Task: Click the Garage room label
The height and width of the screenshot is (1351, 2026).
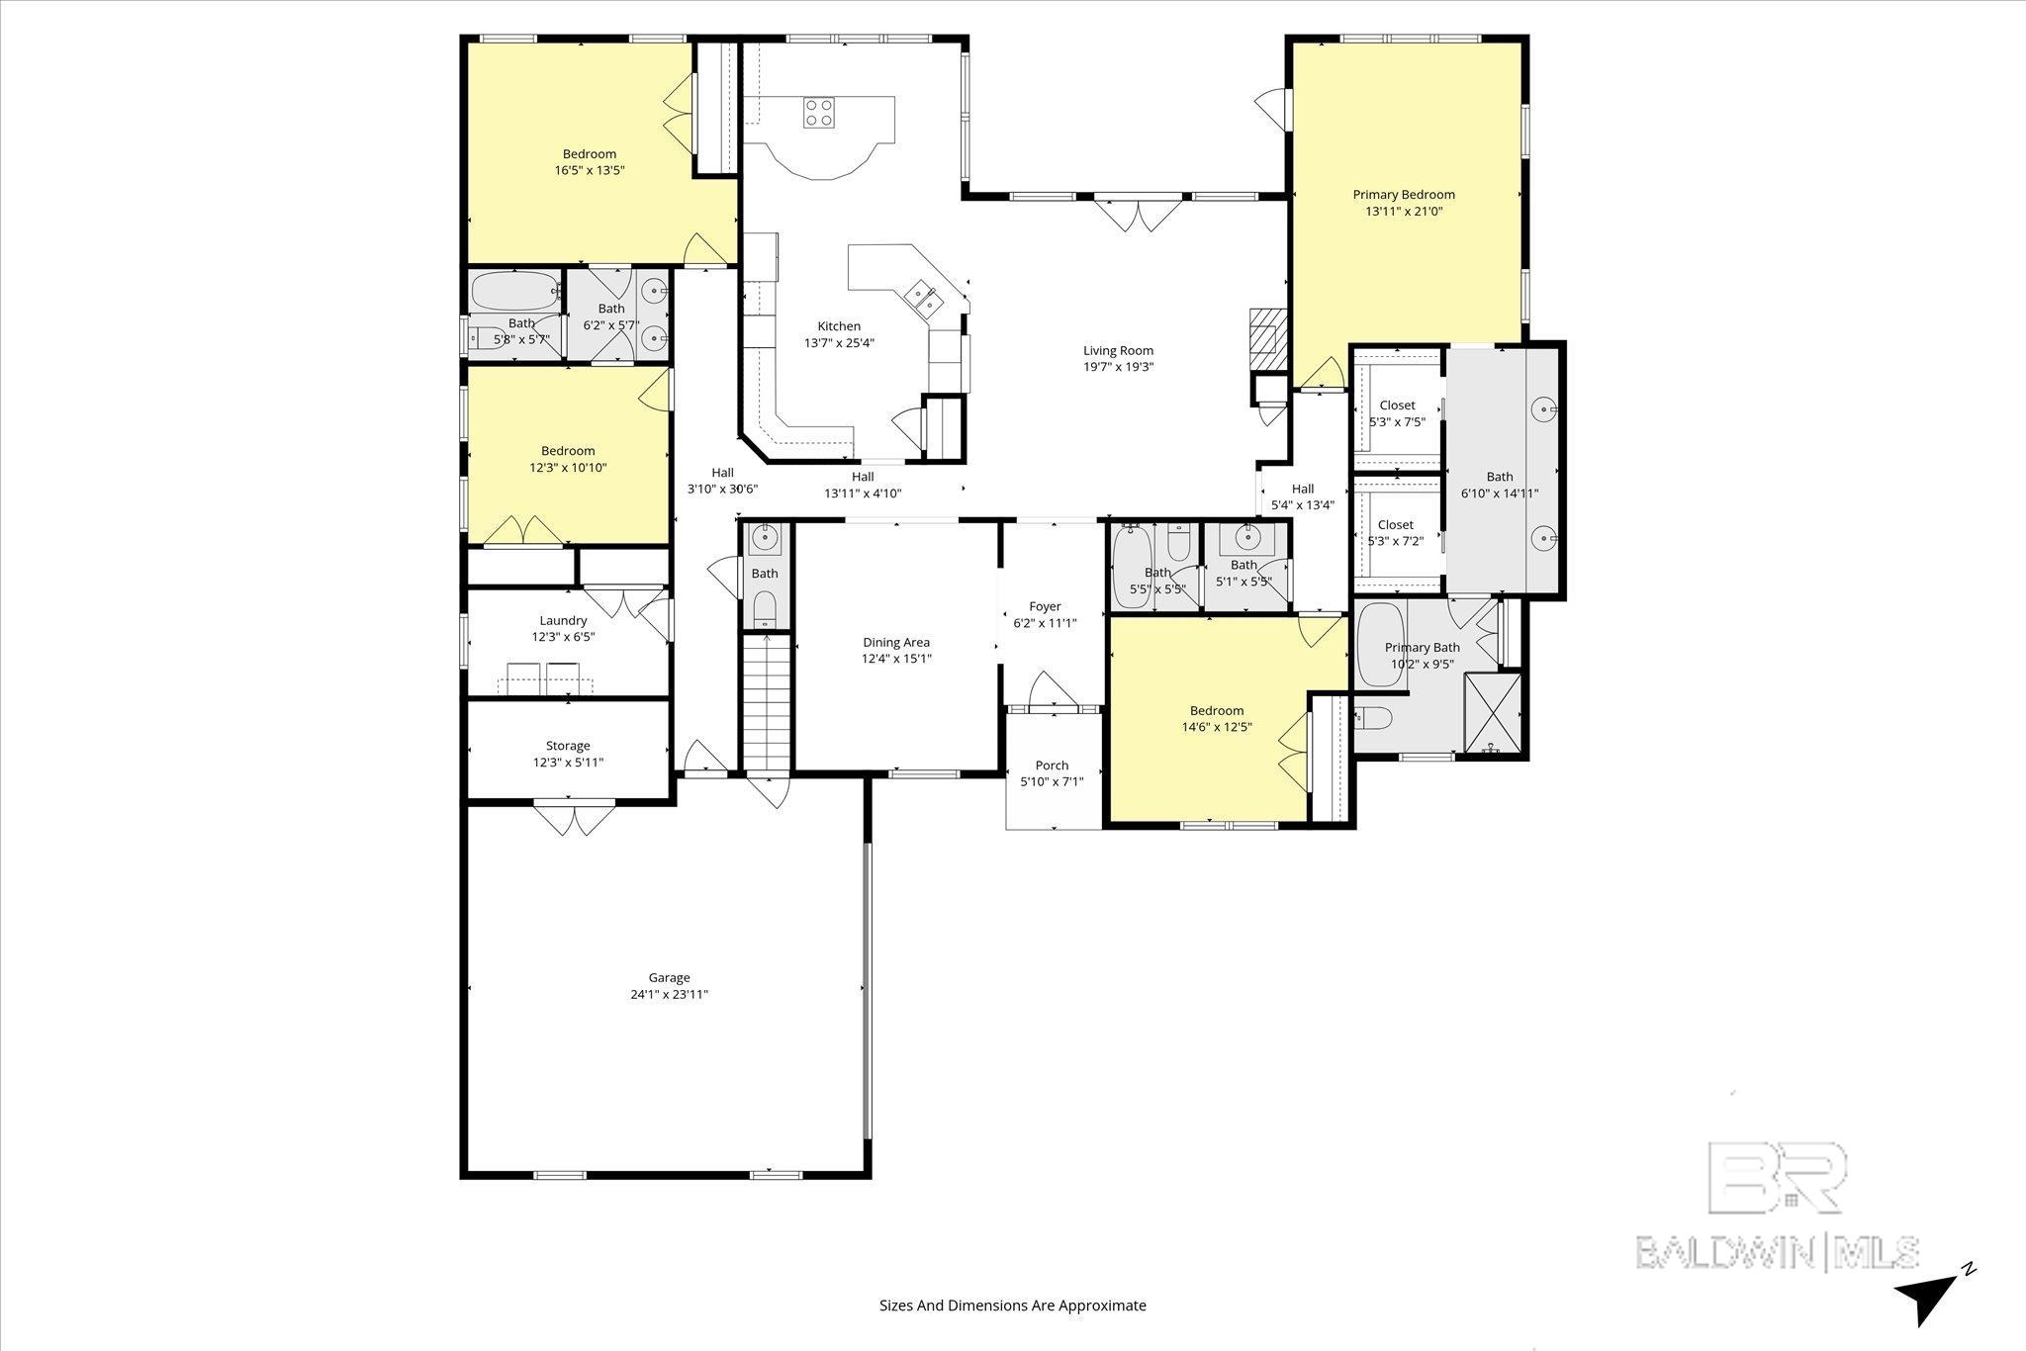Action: (669, 978)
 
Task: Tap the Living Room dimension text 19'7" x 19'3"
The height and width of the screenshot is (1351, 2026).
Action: (1118, 367)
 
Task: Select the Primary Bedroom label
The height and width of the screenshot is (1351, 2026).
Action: (1404, 195)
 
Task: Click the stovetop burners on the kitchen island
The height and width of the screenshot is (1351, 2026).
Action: (818, 112)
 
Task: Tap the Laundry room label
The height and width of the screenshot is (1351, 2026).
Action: (563, 621)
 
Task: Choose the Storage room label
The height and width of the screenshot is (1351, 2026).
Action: (568, 746)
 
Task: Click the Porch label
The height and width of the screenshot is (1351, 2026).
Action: (1052, 766)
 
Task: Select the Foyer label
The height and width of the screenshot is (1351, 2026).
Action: (1045, 607)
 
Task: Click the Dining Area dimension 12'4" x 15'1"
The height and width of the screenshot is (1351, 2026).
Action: (896, 659)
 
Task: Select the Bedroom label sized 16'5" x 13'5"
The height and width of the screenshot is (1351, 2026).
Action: (590, 154)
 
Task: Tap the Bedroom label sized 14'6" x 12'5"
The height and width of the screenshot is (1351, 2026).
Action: (1217, 711)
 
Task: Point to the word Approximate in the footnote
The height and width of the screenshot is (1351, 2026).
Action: (1102, 1306)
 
